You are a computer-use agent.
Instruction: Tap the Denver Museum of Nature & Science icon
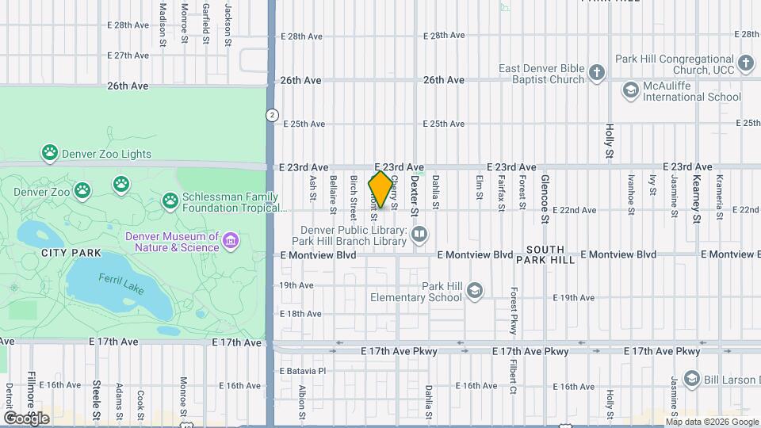[231, 240]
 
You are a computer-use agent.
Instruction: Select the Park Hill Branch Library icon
[419, 234]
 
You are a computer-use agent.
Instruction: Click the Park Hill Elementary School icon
[474, 291]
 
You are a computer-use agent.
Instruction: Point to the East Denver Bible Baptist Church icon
[597, 74]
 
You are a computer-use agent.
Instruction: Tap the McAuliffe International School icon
[631, 90]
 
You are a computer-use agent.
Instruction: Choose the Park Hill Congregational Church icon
[745, 63]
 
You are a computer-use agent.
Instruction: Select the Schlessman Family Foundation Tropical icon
[170, 201]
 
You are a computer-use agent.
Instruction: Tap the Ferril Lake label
[121, 284]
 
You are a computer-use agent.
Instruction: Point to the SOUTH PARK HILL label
[545, 254]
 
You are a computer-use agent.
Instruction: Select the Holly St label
[610, 140]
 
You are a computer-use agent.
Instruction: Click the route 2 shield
[272, 114]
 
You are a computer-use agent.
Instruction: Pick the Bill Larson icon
[691, 379]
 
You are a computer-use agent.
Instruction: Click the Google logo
[26, 418]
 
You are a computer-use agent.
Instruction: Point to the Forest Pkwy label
[514, 310]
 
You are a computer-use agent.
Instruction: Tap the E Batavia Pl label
[303, 370]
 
